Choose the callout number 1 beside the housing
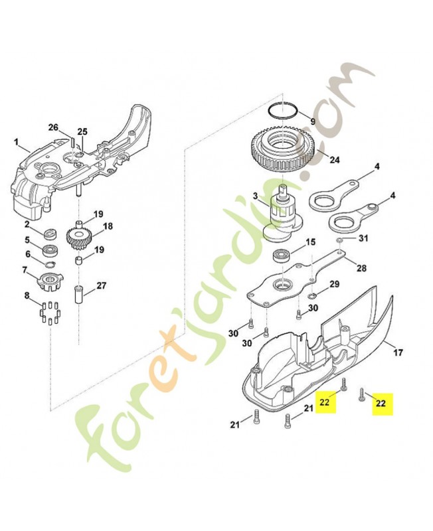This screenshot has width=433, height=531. pos(18,142)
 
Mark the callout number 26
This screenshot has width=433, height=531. pos(54,127)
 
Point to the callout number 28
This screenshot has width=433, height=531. pos(361,268)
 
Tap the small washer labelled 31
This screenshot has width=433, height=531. pos(339,240)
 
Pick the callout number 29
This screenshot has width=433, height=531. pos(334,284)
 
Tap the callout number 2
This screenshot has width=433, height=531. pos(27,224)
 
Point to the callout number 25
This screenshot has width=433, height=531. pos(83,131)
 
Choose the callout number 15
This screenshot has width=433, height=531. pos(309,243)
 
